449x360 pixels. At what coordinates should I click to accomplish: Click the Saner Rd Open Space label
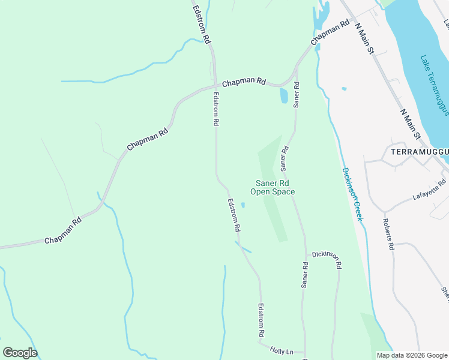pyautogui.click(x=275, y=187)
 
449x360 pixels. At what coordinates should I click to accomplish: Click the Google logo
pyautogui.click(x=20, y=352)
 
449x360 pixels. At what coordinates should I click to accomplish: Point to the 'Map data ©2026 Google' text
pyautogui.click(x=411, y=355)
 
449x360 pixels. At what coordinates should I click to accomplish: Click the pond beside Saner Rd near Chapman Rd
pyautogui.click(x=284, y=95)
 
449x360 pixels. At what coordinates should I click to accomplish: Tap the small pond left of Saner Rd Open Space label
pyautogui.click(x=243, y=205)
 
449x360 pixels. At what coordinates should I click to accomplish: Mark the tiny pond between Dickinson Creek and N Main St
pyautogui.click(x=343, y=89)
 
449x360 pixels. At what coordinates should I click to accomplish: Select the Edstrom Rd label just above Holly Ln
pyautogui.click(x=261, y=319)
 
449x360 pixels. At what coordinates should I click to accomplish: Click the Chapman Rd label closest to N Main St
pyautogui.click(x=330, y=33)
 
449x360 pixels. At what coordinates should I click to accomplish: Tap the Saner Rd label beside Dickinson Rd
pyautogui.click(x=305, y=273)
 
